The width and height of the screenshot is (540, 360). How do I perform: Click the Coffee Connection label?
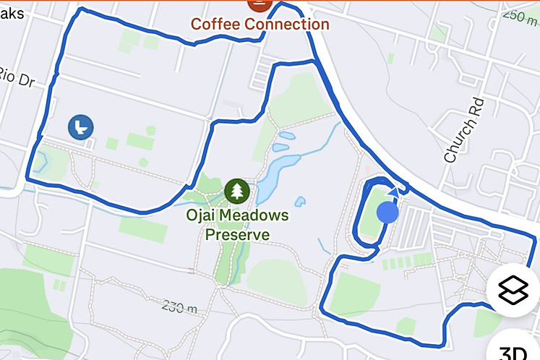pos(260,24)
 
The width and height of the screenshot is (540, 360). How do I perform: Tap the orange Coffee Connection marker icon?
pos(258,4)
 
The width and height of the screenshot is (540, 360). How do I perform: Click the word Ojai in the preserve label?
pos(205,215)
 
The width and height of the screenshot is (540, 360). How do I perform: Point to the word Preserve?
pos(237,234)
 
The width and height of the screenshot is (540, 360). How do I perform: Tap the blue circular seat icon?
pos(81,127)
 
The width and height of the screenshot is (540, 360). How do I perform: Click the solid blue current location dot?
pos(388,212)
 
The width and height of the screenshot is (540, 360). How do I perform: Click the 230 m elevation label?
pos(180,307)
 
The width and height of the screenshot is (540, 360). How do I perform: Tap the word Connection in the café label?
pos(286,24)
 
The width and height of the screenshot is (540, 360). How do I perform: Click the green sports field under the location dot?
pos(372,217)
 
